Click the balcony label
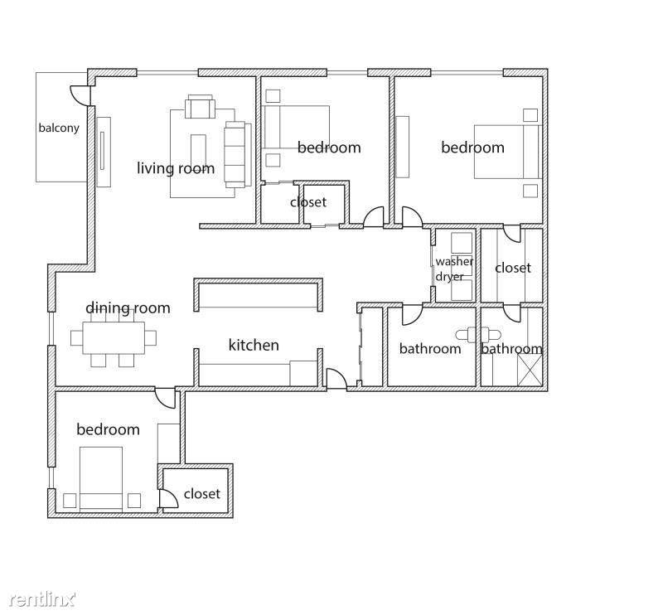click(59, 128)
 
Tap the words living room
click(176, 168)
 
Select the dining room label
click(128, 307)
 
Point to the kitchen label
click(254, 345)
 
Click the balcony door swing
click(79, 95)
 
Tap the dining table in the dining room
click(114, 338)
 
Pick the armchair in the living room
click(200, 107)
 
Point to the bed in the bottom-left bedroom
click(101, 478)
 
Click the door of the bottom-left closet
click(169, 498)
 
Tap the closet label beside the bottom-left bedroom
click(202, 493)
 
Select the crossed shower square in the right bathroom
click(530, 370)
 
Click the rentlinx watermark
click(42, 598)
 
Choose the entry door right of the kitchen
click(337, 378)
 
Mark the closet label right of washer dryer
click(513, 268)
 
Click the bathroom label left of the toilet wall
click(430, 349)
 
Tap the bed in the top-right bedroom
click(508, 152)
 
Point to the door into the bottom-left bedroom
click(165, 398)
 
